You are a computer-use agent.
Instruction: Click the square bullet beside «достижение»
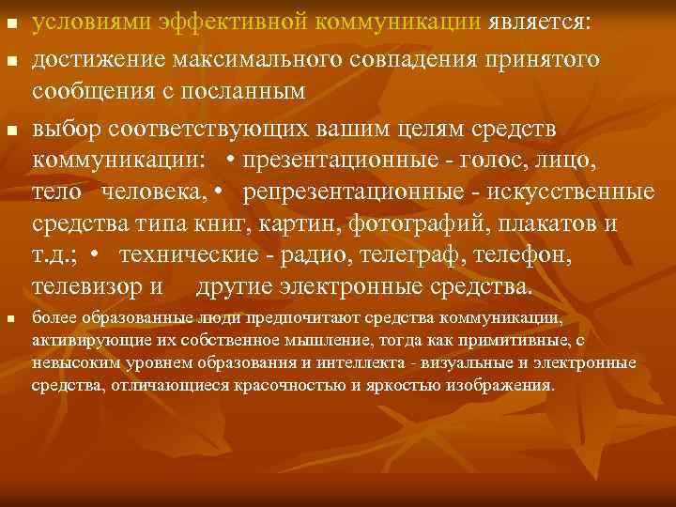click(x=11, y=60)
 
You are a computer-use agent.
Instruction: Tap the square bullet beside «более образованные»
click(x=11, y=320)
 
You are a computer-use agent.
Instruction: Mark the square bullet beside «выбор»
click(x=11, y=128)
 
